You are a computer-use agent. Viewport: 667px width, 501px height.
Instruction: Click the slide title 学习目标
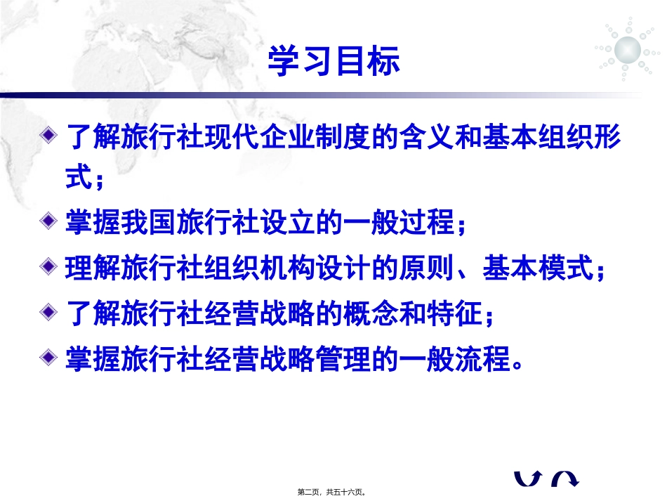click(333, 62)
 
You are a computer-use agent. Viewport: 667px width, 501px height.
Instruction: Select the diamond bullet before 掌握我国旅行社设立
click(48, 223)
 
